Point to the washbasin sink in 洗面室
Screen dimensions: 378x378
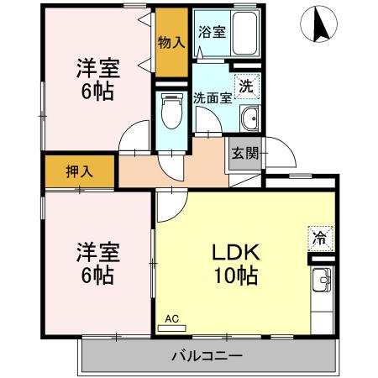tap(249, 120)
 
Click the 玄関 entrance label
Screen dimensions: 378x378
tap(246, 154)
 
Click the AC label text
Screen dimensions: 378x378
tap(171, 318)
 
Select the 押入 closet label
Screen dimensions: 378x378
tap(81, 171)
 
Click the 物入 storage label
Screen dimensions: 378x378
tap(171, 42)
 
